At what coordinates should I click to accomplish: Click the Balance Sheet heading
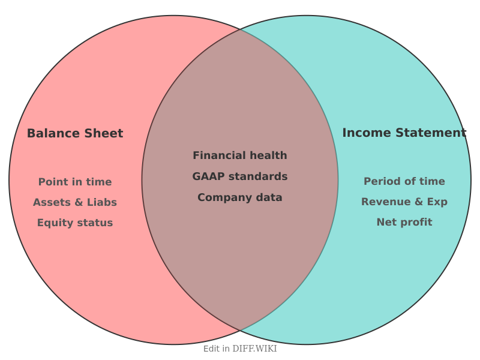click(75, 133)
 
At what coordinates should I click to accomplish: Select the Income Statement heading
click(404, 133)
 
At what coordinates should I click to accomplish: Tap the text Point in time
click(75, 182)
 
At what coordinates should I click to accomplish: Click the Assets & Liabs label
click(75, 202)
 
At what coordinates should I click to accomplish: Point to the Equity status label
click(75, 223)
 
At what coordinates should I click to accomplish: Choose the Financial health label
click(240, 155)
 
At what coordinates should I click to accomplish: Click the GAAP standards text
click(240, 176)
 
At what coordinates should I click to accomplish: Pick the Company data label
click(240, 197)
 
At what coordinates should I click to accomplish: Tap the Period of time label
click(404, 181)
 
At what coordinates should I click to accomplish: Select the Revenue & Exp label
click(404, 202)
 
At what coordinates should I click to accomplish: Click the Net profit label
click(404, 222)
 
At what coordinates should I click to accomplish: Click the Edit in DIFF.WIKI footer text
click(240, 349)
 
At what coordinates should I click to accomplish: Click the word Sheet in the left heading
click(104, 133)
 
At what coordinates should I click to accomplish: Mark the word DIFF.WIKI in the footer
click(255, 349)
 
